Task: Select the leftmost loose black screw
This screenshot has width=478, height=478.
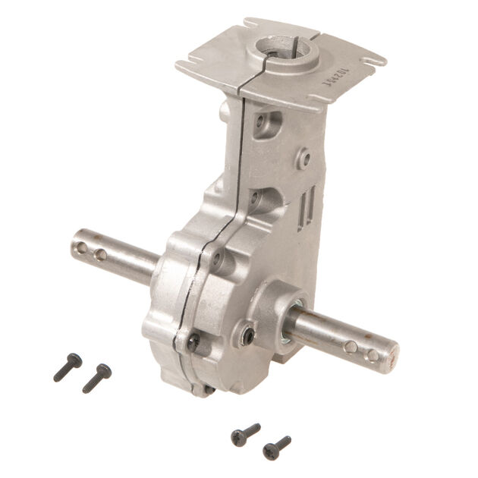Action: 67,366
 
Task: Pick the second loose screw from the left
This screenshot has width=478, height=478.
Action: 96,377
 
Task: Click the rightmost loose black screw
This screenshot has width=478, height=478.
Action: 276,447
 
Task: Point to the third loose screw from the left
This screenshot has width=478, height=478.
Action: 245,434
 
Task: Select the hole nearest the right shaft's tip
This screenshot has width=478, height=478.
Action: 372,354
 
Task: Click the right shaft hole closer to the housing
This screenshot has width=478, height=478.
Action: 350,347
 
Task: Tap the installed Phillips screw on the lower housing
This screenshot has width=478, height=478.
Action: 194,342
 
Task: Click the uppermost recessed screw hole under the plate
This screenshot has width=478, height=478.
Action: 261,121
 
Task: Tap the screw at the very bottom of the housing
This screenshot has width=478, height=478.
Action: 208,390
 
